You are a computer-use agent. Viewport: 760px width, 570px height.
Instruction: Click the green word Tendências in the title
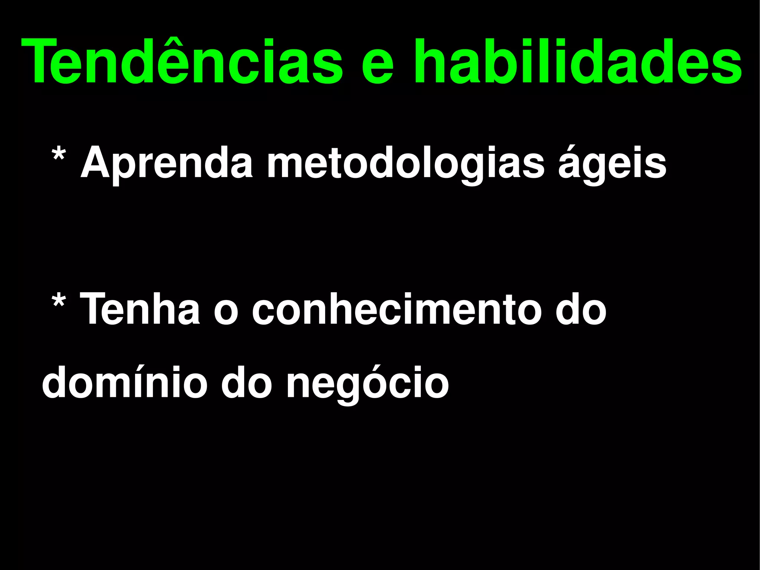tap(182, 61)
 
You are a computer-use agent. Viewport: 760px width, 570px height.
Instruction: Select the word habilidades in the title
tap(577, 61)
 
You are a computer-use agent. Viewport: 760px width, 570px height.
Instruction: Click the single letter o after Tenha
tap(226, 314)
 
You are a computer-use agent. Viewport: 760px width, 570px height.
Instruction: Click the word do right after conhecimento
tap(581, 309)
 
